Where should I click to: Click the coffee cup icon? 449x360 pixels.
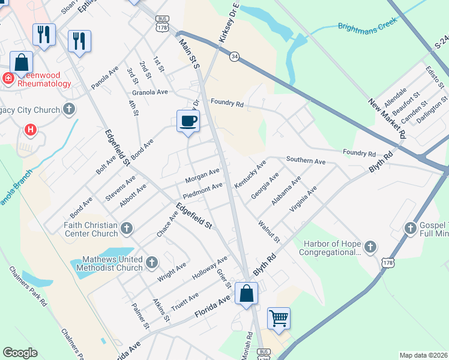tap(188, 121)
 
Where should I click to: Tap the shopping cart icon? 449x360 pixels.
tap(279, 318)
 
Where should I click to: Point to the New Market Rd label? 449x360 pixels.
tap(387, 118)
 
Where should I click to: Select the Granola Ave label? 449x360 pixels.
tap(150, 92)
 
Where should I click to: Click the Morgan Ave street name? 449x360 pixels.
tap(202, 175)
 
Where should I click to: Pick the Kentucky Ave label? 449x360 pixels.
tap(250, 175)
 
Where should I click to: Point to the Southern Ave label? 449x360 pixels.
tap(306, 161)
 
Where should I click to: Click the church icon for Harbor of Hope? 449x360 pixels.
tap(370, 247)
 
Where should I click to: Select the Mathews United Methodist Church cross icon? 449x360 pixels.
tap(152, 262)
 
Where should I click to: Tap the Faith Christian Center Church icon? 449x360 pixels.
tap(126, 228)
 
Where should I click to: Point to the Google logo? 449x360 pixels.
tap(20, 353)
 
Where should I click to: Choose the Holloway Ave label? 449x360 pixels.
tap(209, 269)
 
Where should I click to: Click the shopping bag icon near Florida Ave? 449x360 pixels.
tap(246, 294)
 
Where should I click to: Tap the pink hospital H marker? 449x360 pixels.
tap(29, 129)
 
